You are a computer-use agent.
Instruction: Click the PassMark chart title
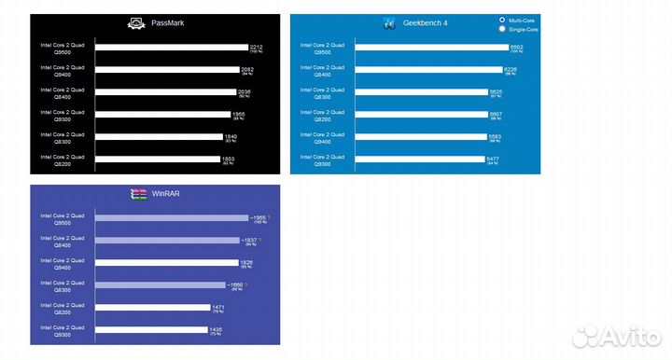pos(166,22)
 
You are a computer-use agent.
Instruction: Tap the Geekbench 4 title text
pos(428,22)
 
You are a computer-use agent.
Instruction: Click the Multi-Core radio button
pos(503,20)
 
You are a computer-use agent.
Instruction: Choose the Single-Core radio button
pos(503,29)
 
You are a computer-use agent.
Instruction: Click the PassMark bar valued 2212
pos(171,47)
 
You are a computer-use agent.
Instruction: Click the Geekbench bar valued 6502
pos(432,47)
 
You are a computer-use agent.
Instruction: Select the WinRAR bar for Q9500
pos(171,218)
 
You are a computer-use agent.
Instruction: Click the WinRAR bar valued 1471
pos(153,307)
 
